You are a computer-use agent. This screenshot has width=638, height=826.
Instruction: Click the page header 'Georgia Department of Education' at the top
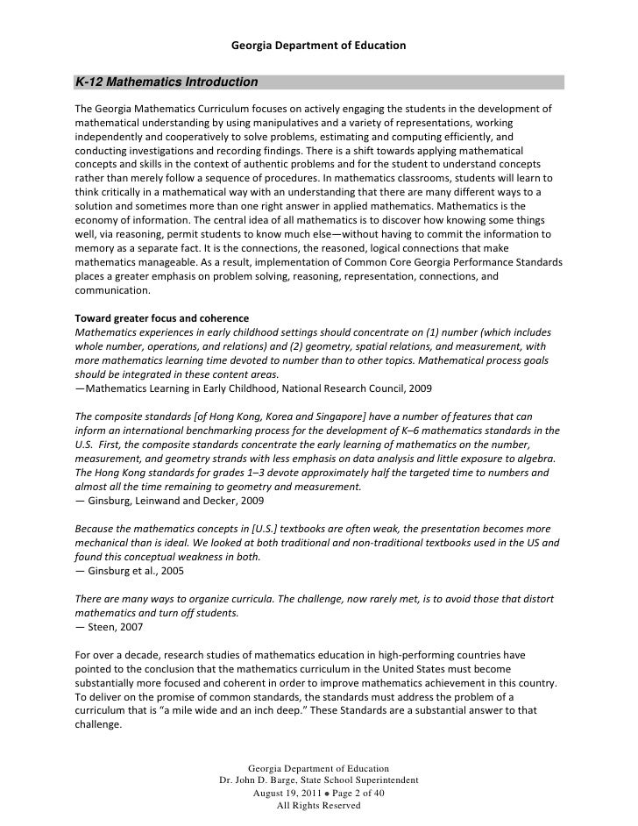[318, 44]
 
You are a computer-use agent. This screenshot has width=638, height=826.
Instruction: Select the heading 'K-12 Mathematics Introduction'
[166, 82]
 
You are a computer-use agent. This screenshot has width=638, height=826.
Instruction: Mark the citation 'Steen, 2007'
[104, 628]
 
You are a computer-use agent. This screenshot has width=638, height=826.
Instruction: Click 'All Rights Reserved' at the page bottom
[318, 805]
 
